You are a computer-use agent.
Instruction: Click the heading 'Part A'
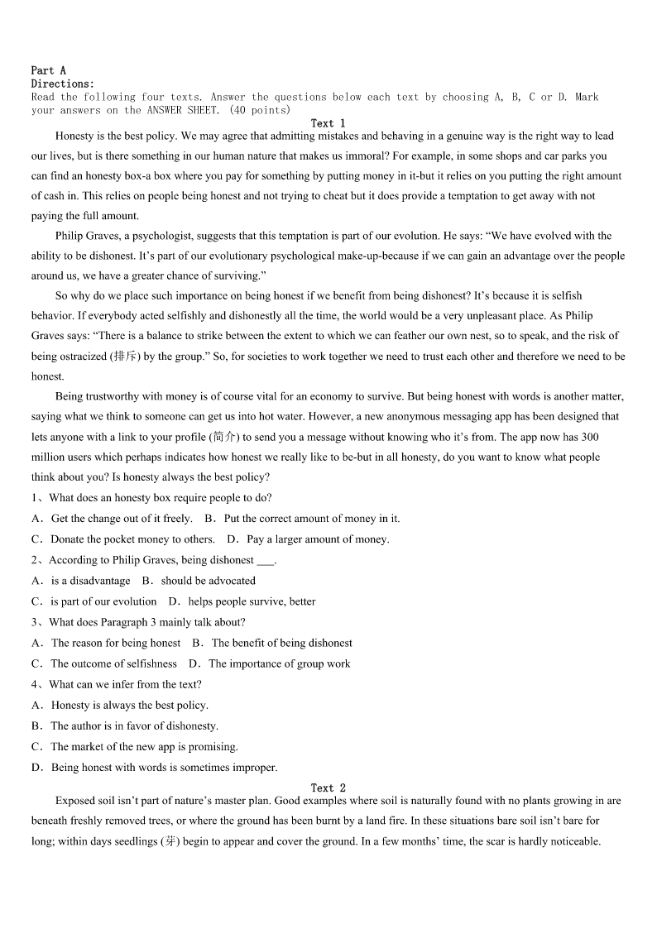click(x=48, y=71)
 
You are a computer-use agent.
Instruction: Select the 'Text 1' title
click(x=328, y=123)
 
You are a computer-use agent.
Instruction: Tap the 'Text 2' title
click(x=328, y=788)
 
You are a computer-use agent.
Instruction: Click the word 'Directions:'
click(x=63, y=84)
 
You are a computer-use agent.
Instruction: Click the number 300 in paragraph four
click(x=590, y=437)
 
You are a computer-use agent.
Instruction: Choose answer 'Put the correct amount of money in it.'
click(x=312, y=519)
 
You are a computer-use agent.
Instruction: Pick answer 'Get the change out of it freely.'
click(x=122, y=519)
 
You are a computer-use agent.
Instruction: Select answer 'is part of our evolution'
click(x=103, y=601)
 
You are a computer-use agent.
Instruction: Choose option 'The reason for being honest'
click(x=116, y=643)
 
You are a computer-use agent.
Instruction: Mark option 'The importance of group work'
click(x=280, y=663)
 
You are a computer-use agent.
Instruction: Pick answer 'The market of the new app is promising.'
click(x=144, y=746)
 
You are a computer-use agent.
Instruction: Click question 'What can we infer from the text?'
click(x=125, y=684)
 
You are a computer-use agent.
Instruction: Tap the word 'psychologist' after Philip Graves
click(x=165, y=236)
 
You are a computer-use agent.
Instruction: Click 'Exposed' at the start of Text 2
click(x=75, y=801)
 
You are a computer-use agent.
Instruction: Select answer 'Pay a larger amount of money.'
click(x=318, y=539)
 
